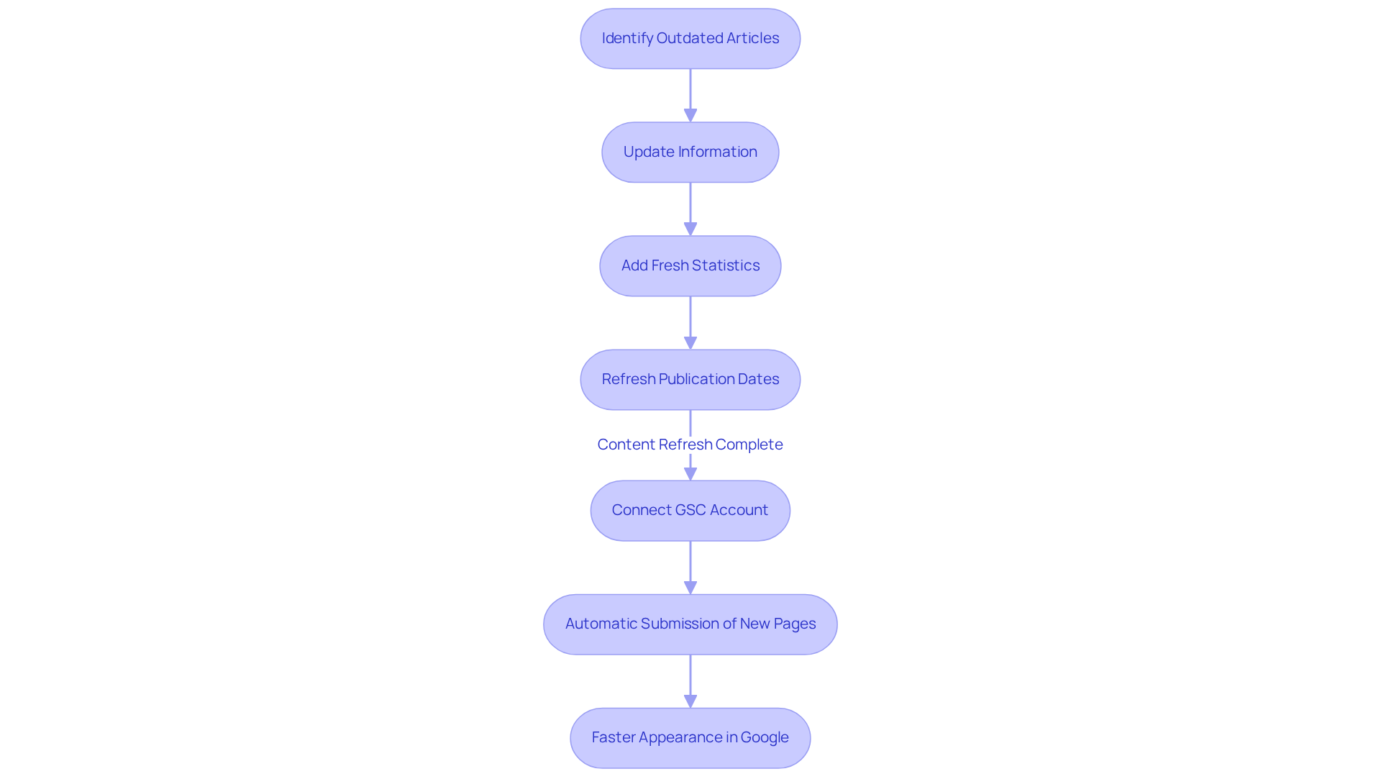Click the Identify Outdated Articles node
690,39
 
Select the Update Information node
690,152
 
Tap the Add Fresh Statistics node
690,266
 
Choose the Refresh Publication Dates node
690,380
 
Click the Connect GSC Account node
690,511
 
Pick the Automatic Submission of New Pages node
690,624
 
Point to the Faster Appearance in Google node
690,738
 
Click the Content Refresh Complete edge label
690,445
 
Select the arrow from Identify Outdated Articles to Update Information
690,94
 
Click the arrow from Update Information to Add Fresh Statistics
690,207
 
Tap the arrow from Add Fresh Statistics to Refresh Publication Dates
690,321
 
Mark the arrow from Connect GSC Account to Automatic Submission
690,565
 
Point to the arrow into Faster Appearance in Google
690,679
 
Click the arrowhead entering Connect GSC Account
690,474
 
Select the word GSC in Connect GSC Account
690,510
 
